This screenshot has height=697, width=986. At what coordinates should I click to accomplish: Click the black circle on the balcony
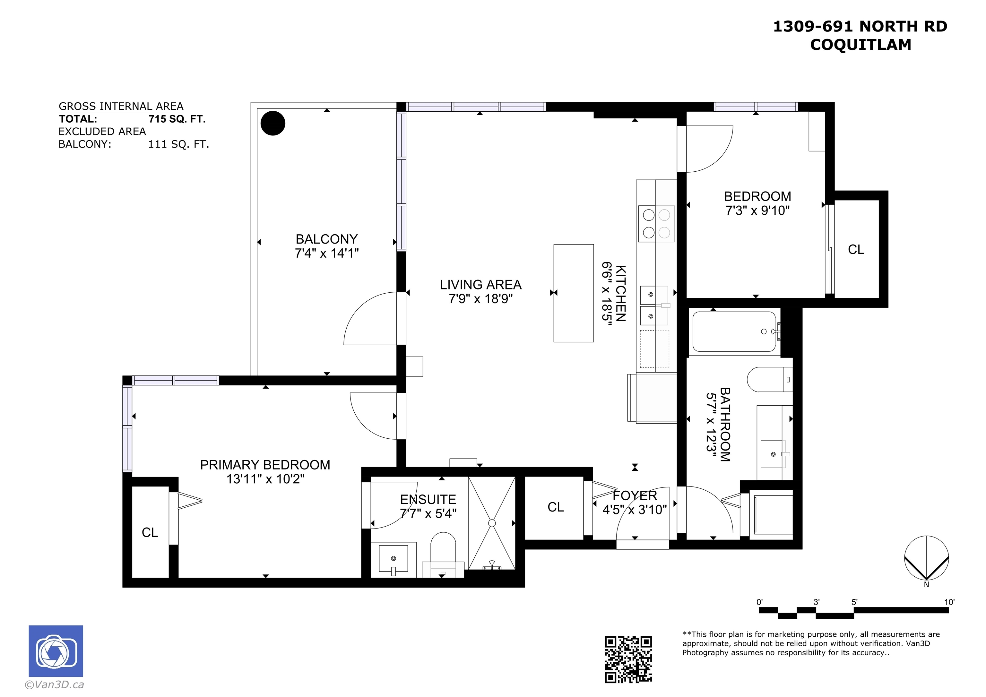point(273,123)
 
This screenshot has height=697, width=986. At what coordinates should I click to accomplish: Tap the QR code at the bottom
point(628,659)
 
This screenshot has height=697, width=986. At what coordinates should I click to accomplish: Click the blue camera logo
point(56,651)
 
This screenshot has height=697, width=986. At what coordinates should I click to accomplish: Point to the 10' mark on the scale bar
point(949,602)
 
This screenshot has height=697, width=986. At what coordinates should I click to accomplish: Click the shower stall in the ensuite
point(492,523)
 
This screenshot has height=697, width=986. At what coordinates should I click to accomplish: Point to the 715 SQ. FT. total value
point(177,119)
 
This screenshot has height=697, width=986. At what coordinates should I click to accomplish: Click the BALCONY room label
point(326,239)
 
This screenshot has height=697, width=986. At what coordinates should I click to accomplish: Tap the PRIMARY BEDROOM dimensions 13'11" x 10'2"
point(265,478)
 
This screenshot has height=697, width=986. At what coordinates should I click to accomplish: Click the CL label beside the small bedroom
point(856,250)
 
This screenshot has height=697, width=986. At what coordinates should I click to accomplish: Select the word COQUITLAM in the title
point(861,45)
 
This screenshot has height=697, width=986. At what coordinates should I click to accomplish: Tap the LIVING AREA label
point(480,284)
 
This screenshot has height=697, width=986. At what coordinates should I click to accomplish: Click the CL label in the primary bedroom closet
point(150,532)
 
